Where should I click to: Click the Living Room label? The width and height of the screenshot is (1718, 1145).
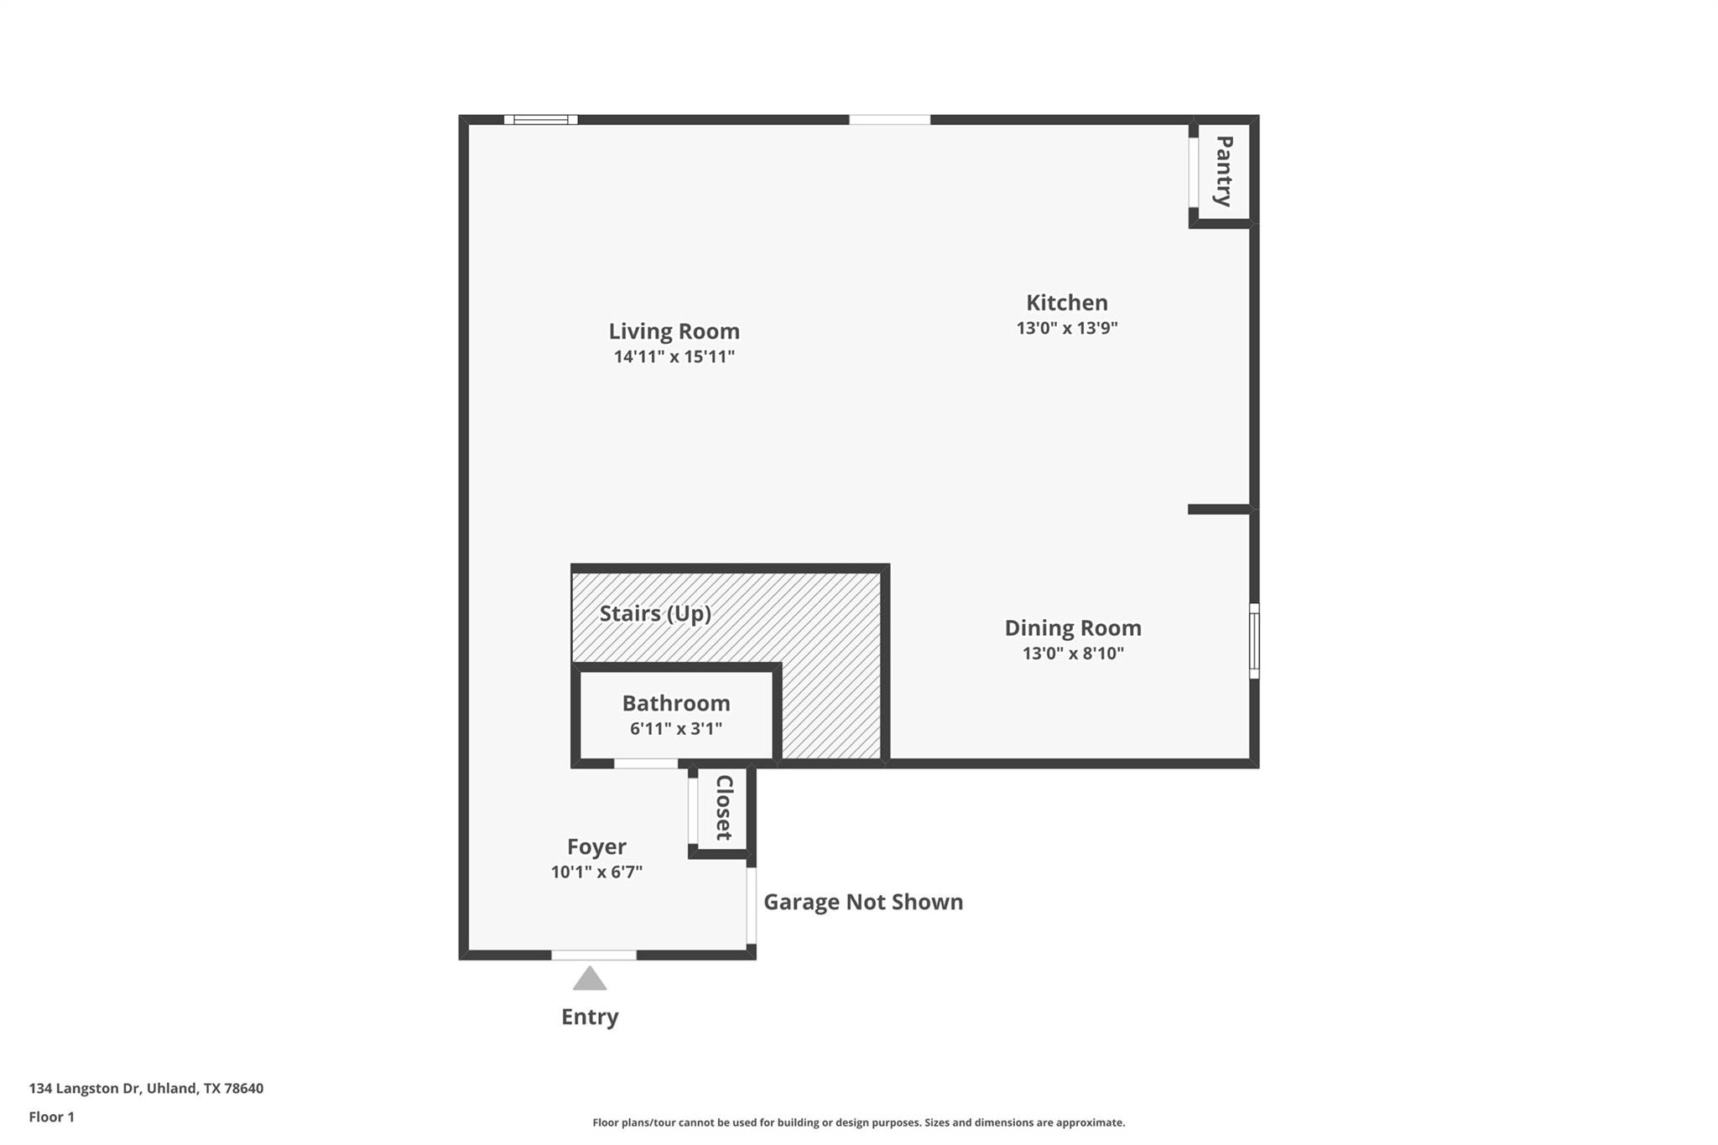click(x=674, y=331)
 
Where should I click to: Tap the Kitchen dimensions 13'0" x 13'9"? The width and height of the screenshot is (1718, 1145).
click(x=1067, y=328)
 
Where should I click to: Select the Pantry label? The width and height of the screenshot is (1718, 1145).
click(x=1224, y=171)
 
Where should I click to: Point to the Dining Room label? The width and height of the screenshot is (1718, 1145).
click(x=1073, y=627)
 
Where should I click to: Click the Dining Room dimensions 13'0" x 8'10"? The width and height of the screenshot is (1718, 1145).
click(x=1073, y=653)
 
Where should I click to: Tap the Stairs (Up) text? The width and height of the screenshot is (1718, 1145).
click(x=655, y=613)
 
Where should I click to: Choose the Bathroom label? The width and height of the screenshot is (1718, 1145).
click(x=675, y=703)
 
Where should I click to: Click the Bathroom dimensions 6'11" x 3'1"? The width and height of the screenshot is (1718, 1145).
click(x=675, y=728)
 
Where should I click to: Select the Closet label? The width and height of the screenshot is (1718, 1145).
click(x=724, y=807)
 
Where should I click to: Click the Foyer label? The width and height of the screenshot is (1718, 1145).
click(x=596, y=846)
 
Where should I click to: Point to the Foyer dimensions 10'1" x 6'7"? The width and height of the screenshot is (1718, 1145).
click(x=596, y=872)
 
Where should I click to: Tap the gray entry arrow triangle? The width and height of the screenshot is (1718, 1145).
click(x=590, y=980)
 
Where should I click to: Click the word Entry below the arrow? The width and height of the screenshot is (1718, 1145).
click(x=590, y=1017)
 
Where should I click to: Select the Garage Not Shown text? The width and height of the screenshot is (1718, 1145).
click(x=862, y=902)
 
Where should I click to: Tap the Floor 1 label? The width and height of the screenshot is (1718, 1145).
click(x=51, y=1116)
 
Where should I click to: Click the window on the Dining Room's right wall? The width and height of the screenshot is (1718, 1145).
click(x=1254, y=641)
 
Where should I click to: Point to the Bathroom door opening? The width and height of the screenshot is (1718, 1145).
click(x=645, y=763)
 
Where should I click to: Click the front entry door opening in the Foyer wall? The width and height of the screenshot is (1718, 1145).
click(x=593, y=955)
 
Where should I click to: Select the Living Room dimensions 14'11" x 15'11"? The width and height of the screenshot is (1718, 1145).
click(x=674, y=357)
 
